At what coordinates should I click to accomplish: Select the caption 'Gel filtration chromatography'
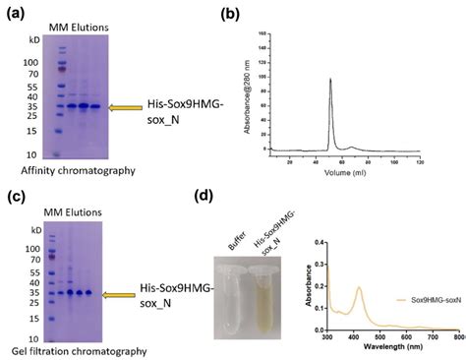pyautogui.click(x=73, y=350)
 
